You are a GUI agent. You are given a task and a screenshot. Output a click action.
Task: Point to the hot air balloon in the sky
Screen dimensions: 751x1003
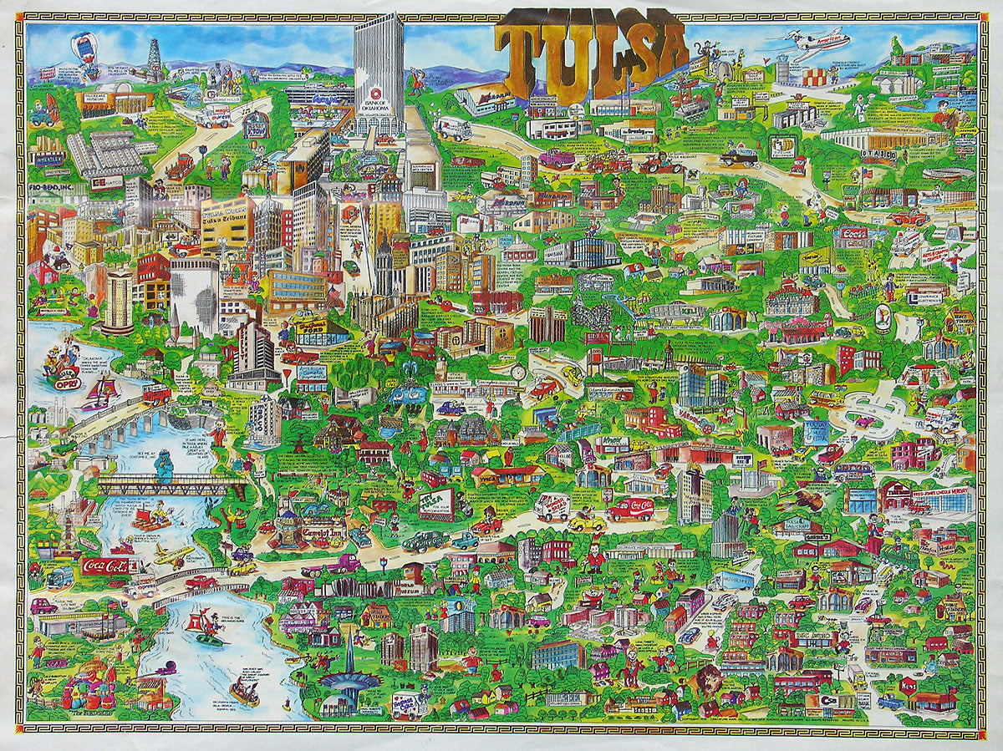85,47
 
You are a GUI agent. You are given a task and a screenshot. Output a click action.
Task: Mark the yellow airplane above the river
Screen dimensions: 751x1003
173,555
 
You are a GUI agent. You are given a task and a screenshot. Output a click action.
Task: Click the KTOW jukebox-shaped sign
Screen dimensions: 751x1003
255,124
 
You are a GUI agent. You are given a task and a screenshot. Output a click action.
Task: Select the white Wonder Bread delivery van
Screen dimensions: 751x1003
552,506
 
